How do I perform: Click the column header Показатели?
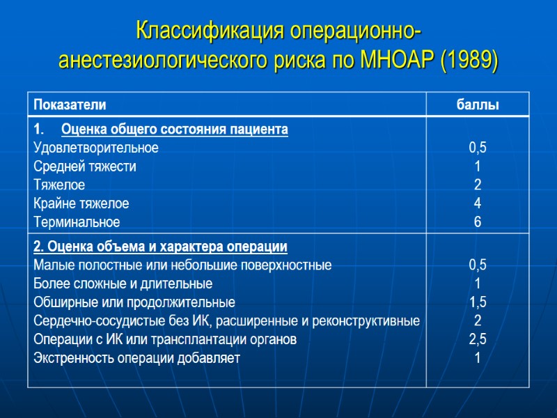(68, 105)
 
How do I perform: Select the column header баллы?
(477, 105)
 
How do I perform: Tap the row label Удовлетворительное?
(96, 148)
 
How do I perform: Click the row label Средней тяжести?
(85, 167)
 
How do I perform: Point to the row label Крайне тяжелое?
(81, 203)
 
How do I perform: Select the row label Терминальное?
(77, 222)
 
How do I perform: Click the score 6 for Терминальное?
(477, 222)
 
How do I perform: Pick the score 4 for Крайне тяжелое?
(477, 203)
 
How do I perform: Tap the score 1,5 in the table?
(477, 302)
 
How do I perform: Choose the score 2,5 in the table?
(477, 340)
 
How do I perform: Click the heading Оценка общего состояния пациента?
(175, 130)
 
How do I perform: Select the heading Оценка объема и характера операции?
(160, 247)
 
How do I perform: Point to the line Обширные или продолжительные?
(134, 302)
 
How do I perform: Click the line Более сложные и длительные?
(123, 284)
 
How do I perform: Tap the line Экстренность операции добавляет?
(136, 359)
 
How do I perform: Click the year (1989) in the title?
(469, 61)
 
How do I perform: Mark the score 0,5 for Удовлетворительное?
(477, 148)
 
